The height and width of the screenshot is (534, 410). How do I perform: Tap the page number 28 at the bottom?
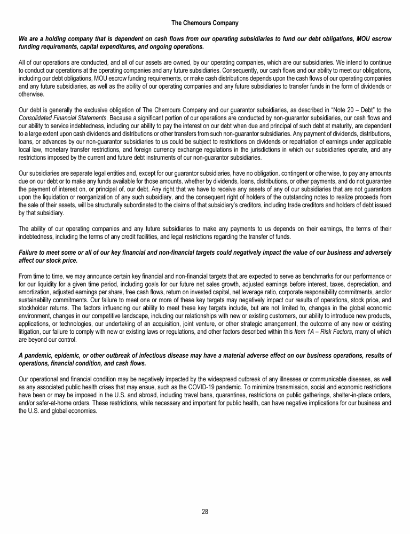coord(204,512)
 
